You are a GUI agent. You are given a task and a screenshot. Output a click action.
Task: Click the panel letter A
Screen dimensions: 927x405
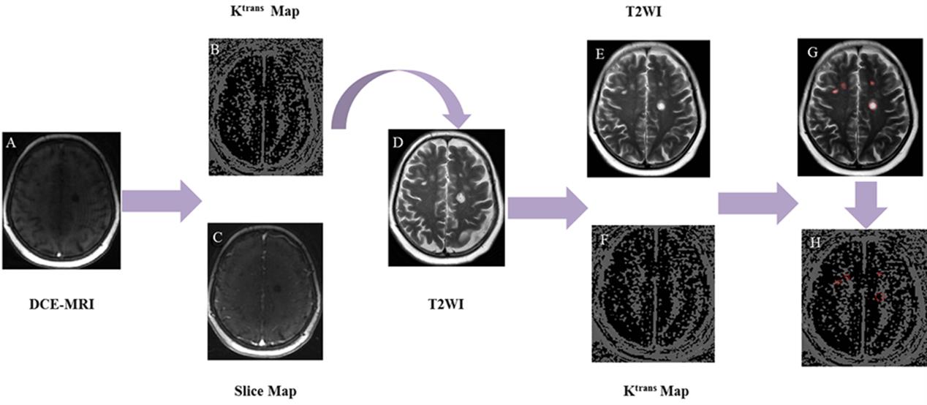(x=11, y=143)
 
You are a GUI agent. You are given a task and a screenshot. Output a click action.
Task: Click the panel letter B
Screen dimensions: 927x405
(x=216, y=50)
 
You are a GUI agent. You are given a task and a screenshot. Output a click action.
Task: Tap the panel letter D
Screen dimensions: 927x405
(x=398, y=142)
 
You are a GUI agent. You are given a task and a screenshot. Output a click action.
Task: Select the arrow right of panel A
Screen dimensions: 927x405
(x=161, y=200)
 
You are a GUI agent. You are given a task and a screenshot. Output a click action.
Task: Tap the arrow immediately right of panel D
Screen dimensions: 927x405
(x=547, y=208)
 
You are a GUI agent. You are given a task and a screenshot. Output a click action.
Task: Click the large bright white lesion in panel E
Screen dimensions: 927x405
(x=662, y=105)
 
